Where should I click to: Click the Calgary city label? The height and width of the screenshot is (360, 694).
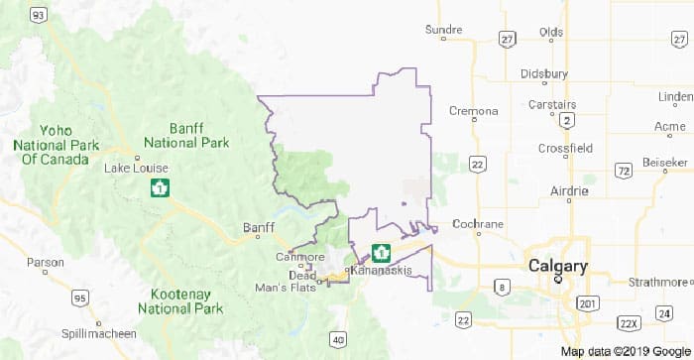557,266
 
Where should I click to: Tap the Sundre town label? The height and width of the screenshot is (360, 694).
443,31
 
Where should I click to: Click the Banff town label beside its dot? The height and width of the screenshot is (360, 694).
258,227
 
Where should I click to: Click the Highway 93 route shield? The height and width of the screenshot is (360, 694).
38,14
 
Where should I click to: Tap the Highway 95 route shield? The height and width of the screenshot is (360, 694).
79,298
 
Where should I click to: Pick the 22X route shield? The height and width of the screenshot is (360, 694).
627,324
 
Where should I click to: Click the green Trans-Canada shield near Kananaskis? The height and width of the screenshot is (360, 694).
380,253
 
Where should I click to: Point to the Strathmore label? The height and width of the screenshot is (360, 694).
657,283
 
